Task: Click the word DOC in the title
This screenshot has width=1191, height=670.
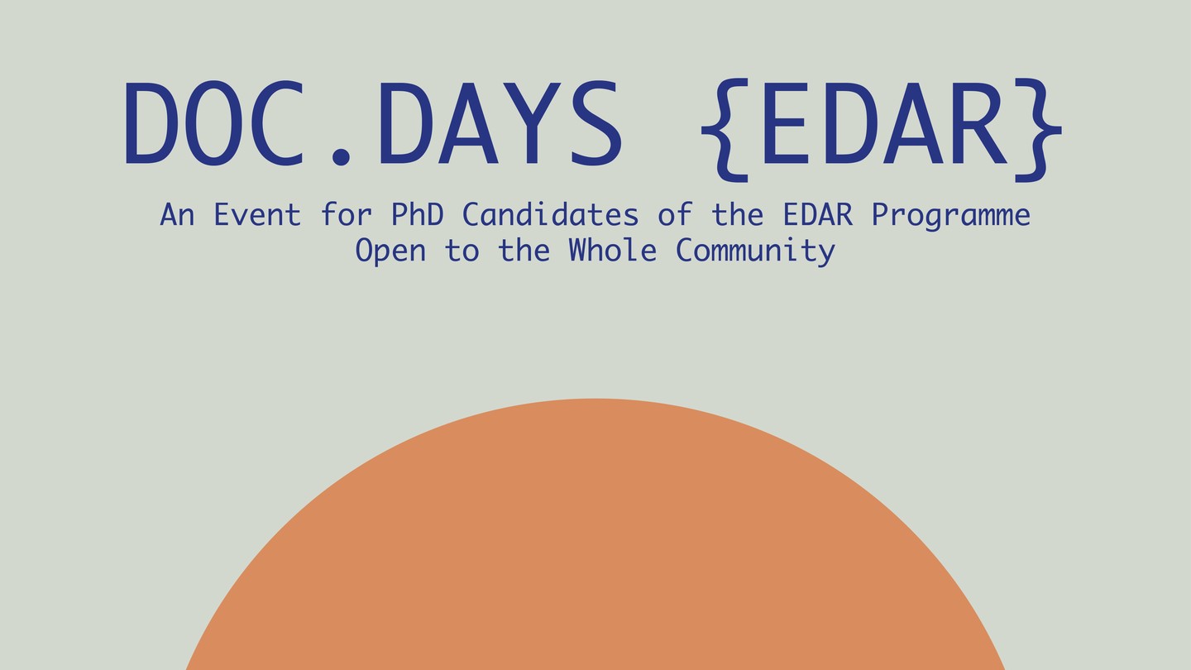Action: [214, 122]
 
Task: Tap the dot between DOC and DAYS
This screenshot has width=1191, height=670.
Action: [340, 155]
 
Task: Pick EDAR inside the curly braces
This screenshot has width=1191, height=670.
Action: [883, 122]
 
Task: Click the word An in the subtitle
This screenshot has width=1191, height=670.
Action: [177, 215]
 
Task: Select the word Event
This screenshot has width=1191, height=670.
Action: [257, 215]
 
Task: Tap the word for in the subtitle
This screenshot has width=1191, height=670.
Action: [346, 214]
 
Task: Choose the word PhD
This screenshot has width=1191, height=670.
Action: [418, 214]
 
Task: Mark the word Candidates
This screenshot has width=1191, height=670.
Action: [550, 214]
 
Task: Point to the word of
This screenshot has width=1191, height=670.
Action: [675, 214]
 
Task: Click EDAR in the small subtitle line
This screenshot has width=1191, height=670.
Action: [818, 215]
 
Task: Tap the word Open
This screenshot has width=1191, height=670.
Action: [390, 251]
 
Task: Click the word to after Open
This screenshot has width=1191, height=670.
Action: [462, 251]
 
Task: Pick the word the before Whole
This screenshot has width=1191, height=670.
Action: [524, 250]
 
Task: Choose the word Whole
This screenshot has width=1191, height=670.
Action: [613, 250]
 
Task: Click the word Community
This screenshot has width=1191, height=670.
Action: [755, 251]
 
